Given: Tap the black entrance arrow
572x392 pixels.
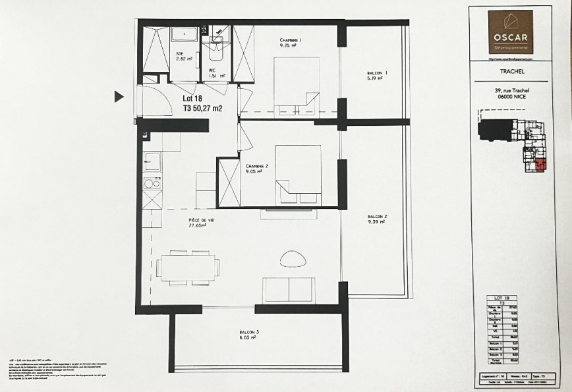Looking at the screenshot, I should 119,97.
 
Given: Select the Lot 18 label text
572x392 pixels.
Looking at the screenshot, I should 192,99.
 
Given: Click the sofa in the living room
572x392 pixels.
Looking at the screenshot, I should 289,290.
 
